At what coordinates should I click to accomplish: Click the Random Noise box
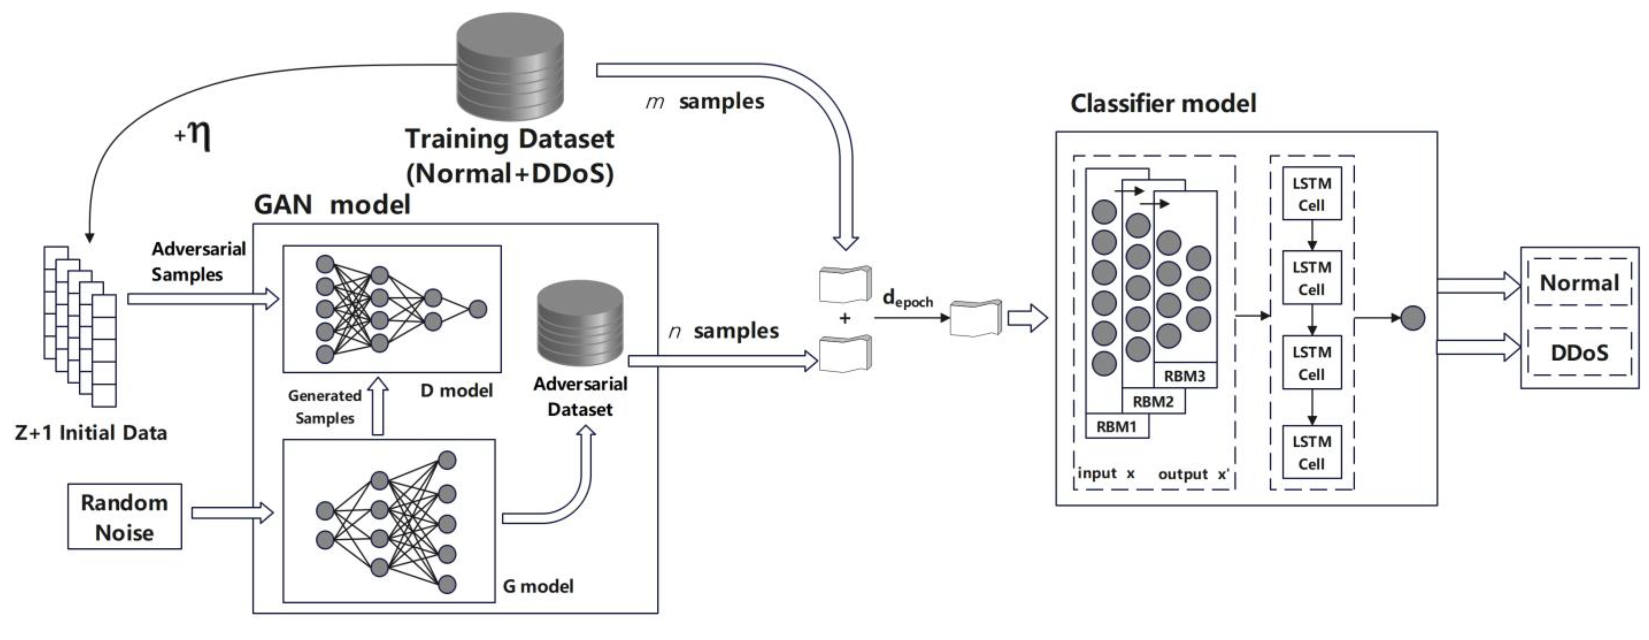point(125,516)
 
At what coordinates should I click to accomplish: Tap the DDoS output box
point(1579,353)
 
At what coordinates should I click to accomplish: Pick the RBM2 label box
point(1153,402)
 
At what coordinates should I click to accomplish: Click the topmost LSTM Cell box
point(1312,194)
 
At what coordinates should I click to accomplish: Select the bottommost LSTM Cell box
point(1312,452)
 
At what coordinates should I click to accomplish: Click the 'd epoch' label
point(907,299)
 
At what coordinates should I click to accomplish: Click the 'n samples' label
point(723,331)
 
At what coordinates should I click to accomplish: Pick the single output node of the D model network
point(478,309)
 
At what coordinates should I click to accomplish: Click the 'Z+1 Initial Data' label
point(91,433)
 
